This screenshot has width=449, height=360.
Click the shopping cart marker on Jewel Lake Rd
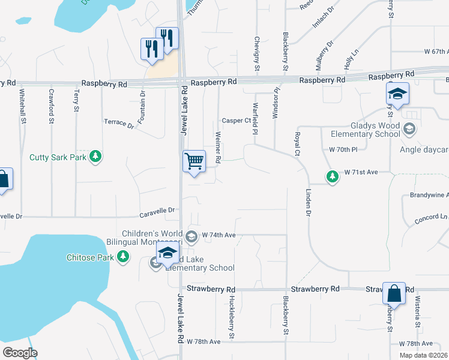click(194, 161)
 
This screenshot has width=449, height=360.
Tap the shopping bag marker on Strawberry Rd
click(394, 294)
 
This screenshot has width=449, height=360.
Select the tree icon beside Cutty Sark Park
click(95, 157)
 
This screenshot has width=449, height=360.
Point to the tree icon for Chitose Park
click(123, 257)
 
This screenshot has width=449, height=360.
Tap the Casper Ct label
click(236, 120)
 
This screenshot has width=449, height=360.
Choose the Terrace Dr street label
click(119, 124)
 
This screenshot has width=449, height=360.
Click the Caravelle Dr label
click(157, 211)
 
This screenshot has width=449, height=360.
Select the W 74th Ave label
click(218, 235)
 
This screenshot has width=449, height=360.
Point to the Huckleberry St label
click(231, 316)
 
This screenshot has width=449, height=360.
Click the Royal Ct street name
click(297, 145)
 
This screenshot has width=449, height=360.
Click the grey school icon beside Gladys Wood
click(409, 128)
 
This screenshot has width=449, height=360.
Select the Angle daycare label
click(427, 149)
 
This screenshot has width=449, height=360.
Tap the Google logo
click(20, 353)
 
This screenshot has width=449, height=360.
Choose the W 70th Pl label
click(343, 149)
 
